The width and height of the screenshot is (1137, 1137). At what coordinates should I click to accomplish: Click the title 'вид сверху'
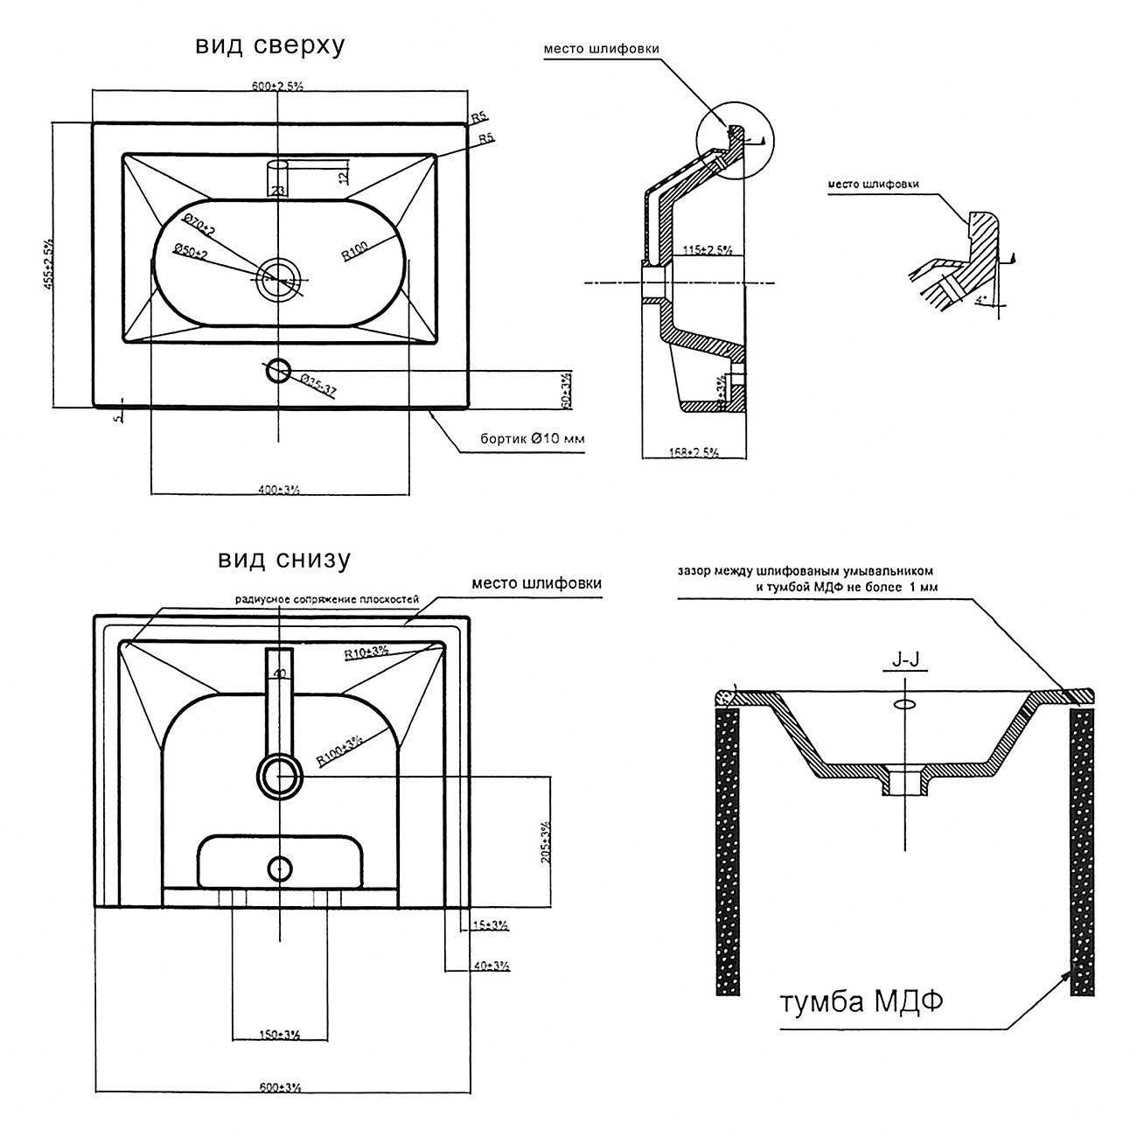tap(269, 46)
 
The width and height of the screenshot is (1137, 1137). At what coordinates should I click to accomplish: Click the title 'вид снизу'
tap(284, 559)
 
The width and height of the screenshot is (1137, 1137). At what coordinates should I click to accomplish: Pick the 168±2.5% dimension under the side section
tap(694, 452)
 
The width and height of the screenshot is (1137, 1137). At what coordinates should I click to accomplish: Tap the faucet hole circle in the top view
tap(278, 369)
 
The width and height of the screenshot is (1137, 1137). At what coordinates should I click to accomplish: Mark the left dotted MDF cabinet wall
tap(728, 848)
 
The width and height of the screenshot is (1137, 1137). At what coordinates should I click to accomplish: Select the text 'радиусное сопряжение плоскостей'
tap(327, 600)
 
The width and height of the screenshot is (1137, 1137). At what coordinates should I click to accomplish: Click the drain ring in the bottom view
tap(279, 776)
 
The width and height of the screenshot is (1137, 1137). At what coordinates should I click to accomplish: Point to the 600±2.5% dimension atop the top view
tap(276, 85)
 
